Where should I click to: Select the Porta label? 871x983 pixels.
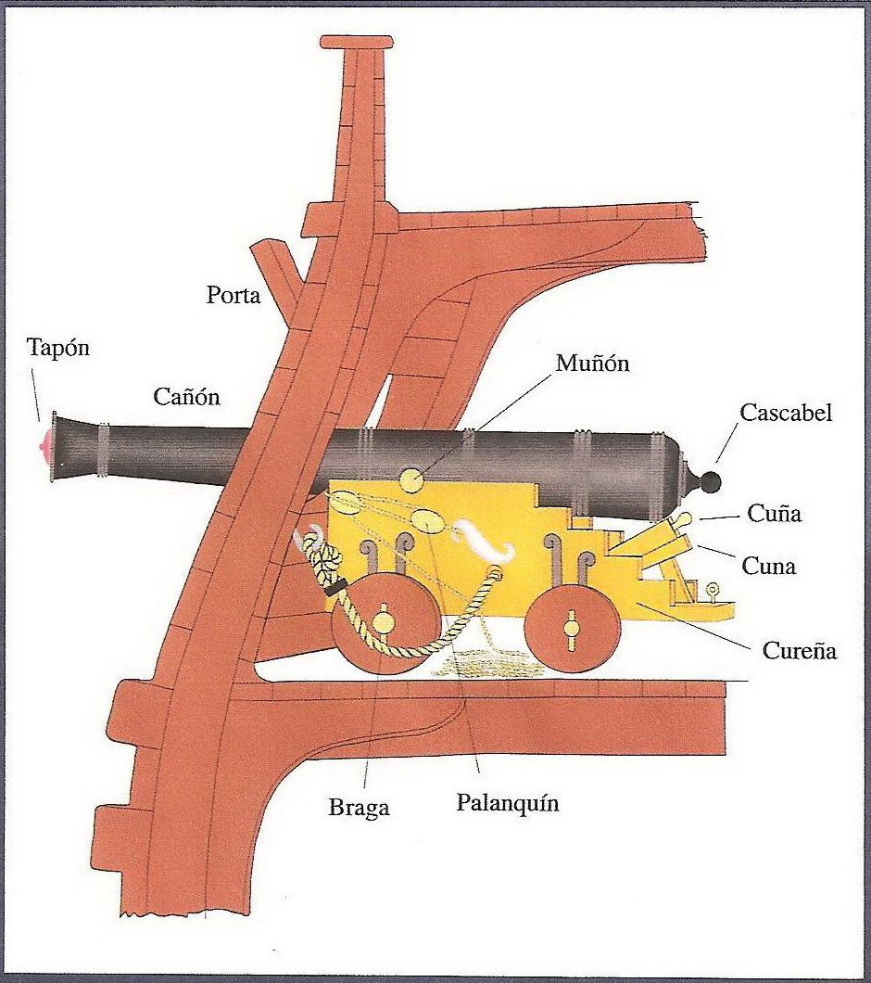click(x=233, y=296)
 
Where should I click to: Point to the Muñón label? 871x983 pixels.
click(x=592, y=363)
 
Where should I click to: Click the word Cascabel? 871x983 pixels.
click(x=786, y=412)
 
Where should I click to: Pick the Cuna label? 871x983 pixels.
click(x=769, y=565)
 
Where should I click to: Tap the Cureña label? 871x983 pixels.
click(x=799, y=650)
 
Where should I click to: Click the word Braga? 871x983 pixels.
click(x=360, y=808)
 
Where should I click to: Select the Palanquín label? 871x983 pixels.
click(x=508, y=803)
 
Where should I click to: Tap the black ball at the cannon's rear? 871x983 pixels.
click(x=711, y=481)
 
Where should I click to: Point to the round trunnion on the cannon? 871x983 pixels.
click(x=410, y=480)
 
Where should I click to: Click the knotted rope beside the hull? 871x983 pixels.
click(x=325, y=556)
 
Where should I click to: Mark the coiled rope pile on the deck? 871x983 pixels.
click(x=486, y=662)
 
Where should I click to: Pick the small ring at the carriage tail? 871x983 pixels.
click(x=713, y=588)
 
